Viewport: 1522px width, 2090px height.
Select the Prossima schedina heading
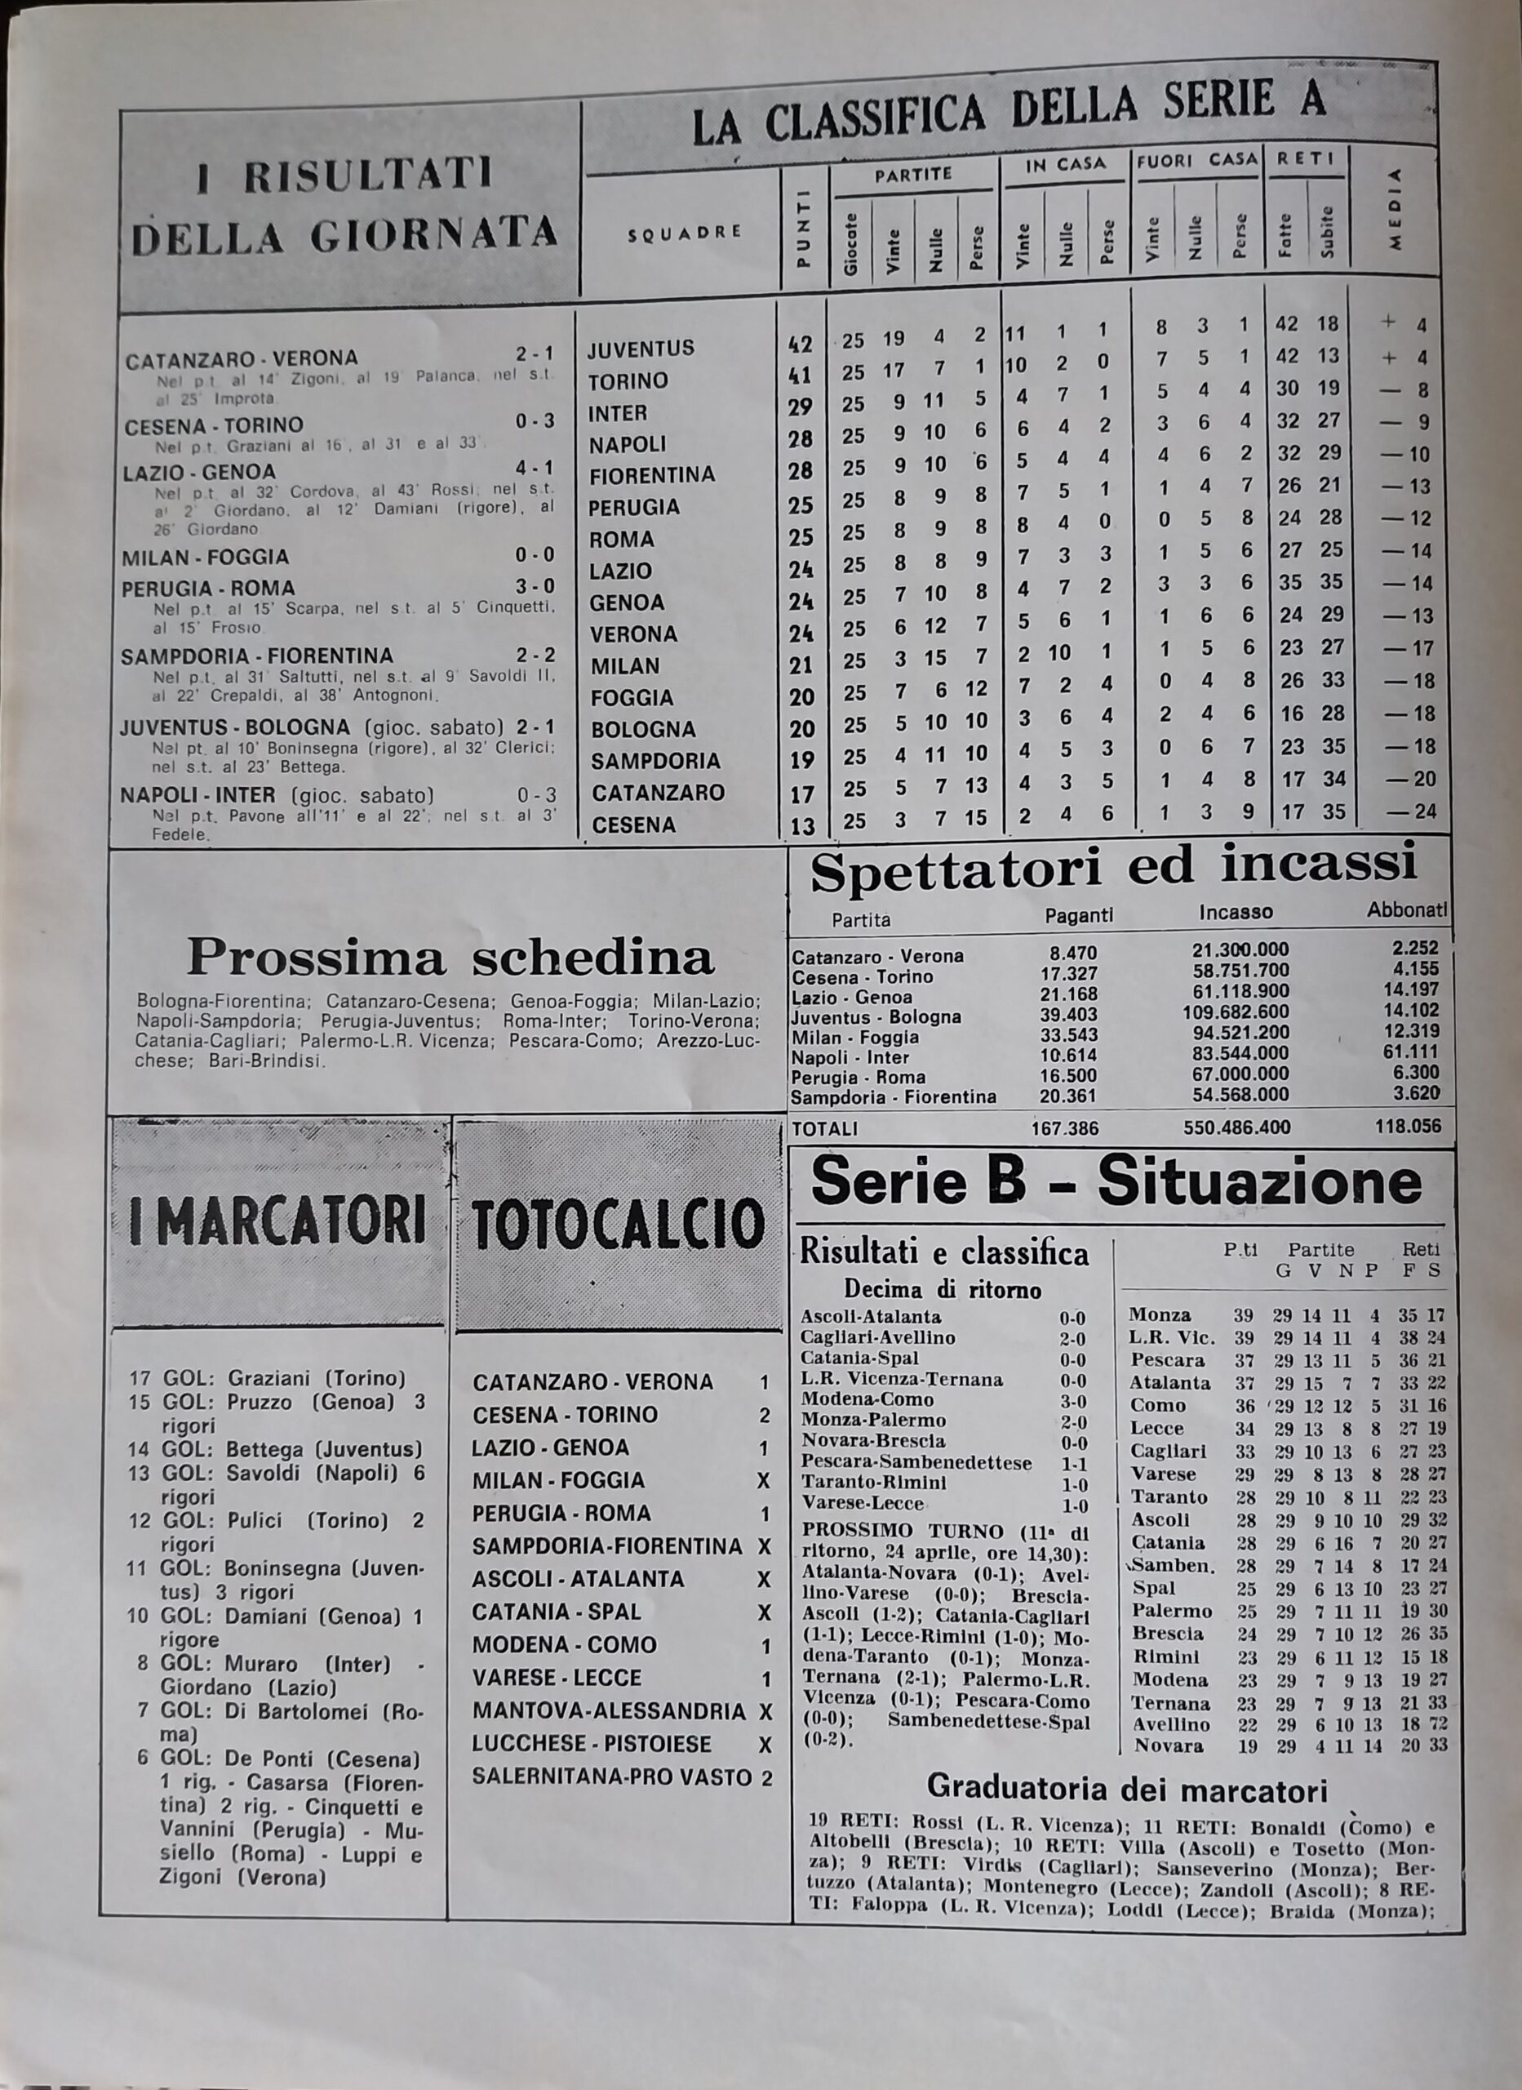click(450, 958)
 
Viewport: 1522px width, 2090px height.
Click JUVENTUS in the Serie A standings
click(641, 349)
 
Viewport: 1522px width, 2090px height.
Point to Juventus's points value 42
click(801, 345)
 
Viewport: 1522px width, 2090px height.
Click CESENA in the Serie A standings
click(633, 825)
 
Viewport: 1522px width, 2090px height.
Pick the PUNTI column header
click(802, 228)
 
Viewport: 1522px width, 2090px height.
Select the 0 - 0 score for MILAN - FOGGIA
click(535, 555)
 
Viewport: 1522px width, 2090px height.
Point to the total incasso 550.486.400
click(1236, 1127)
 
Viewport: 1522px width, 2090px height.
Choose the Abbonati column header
click(1406, 910)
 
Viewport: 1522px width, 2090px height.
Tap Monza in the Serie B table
click(1160, 1315)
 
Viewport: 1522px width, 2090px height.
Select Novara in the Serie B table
click(1168, 1745)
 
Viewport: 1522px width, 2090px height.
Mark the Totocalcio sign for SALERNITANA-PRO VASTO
click(766, 1777)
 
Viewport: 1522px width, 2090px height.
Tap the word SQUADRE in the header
click(684, 232)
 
